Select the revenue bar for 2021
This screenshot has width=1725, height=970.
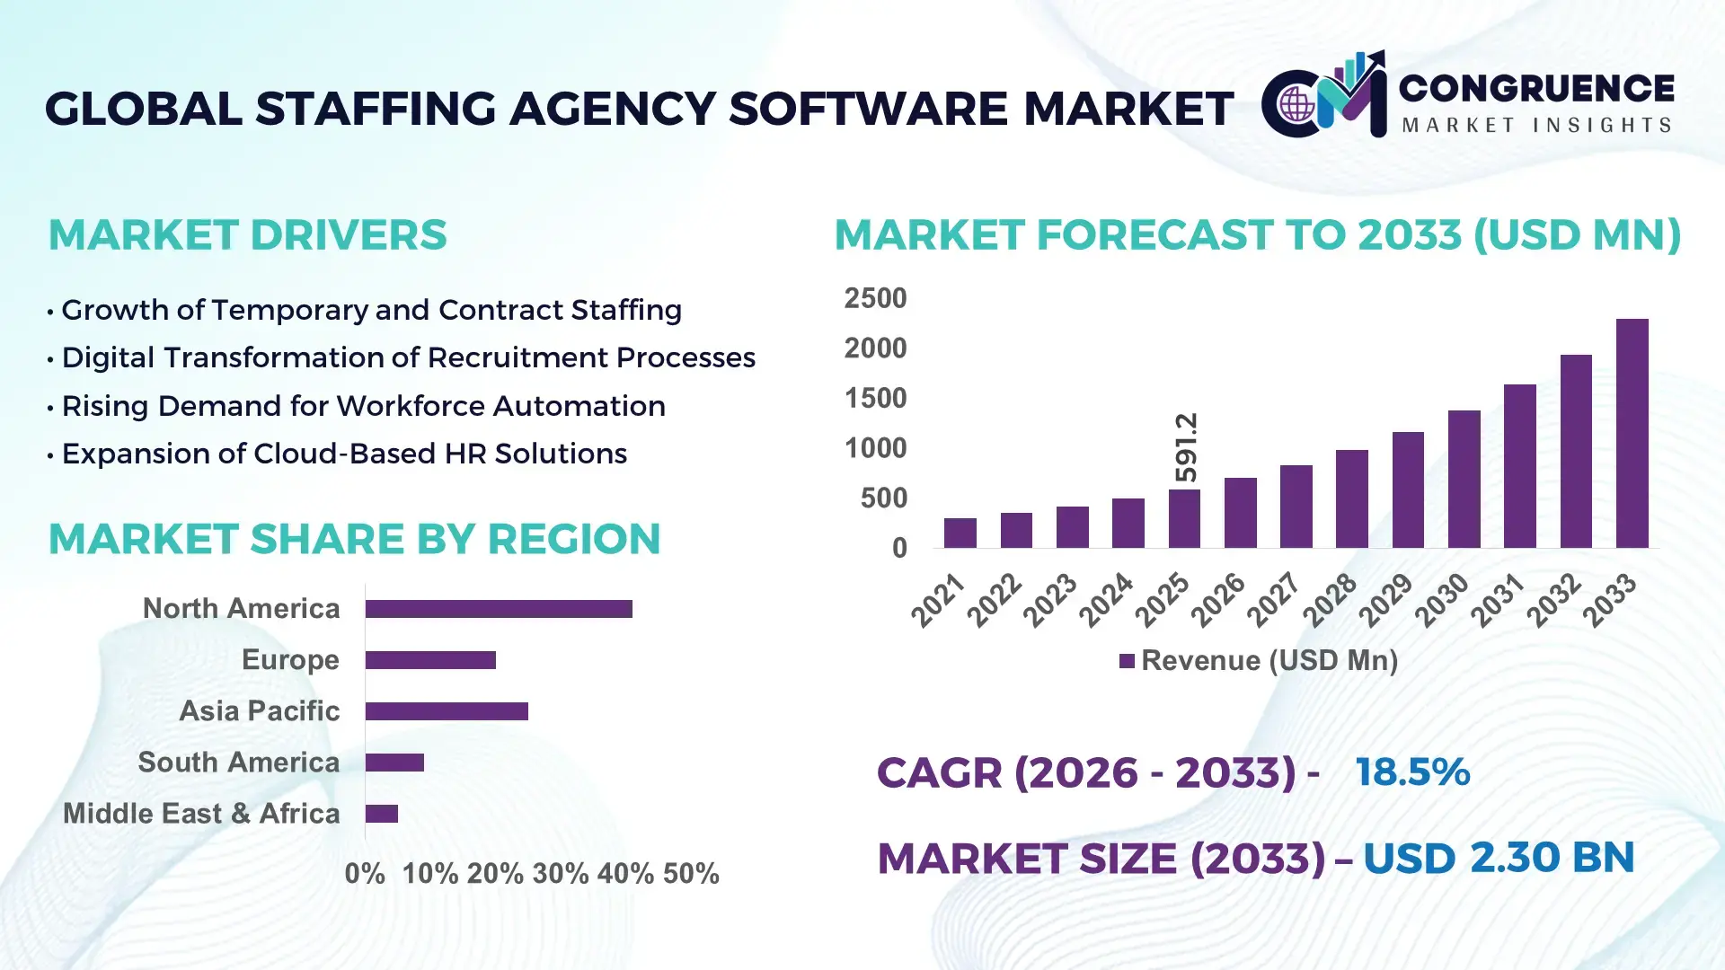(960, 533)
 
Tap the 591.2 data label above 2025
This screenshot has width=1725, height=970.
(1186, 447)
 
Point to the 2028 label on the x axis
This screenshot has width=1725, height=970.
(1330, 599)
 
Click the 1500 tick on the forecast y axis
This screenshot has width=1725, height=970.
(875, 398)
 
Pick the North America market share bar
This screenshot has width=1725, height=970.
(499, 609)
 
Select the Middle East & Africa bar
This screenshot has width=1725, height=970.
(382, 814)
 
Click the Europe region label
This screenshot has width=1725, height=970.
(290, 660)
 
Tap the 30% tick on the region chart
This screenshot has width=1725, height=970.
(560, 874)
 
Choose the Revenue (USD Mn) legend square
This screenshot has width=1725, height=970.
(1127, 661)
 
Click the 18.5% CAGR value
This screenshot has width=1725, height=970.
(1412, 772)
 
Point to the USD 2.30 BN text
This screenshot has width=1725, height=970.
(1498, 858)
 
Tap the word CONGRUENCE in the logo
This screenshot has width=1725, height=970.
(1536, 88)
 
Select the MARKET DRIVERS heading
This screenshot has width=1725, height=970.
(247, 235)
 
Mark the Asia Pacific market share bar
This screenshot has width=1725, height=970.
(447, 711)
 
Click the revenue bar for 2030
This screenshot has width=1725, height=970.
(1464, 479)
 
